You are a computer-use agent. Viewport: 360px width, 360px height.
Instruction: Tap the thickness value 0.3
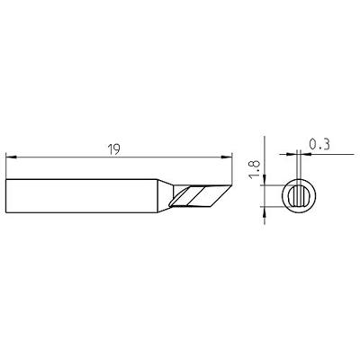point(316,142)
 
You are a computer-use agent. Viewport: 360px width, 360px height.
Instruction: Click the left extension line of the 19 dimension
point(6,166)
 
